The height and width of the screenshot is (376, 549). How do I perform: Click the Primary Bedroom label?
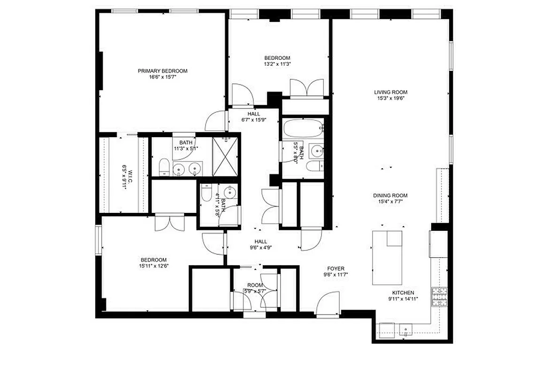[162, 71]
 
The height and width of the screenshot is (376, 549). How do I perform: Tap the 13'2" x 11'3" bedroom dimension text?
[277, 64]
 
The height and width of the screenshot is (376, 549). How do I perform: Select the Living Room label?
[390, 92]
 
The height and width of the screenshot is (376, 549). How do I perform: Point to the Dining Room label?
[390, 196]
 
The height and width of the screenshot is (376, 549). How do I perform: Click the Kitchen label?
[401, 293]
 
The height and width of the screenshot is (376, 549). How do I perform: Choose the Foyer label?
[335, 269]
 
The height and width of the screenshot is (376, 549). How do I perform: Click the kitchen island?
[388, 258]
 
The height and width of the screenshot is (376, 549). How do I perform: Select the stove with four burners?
[439, 297]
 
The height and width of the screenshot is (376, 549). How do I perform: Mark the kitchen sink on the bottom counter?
[404, 328]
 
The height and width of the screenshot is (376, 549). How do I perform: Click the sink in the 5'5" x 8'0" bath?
[318, 151]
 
